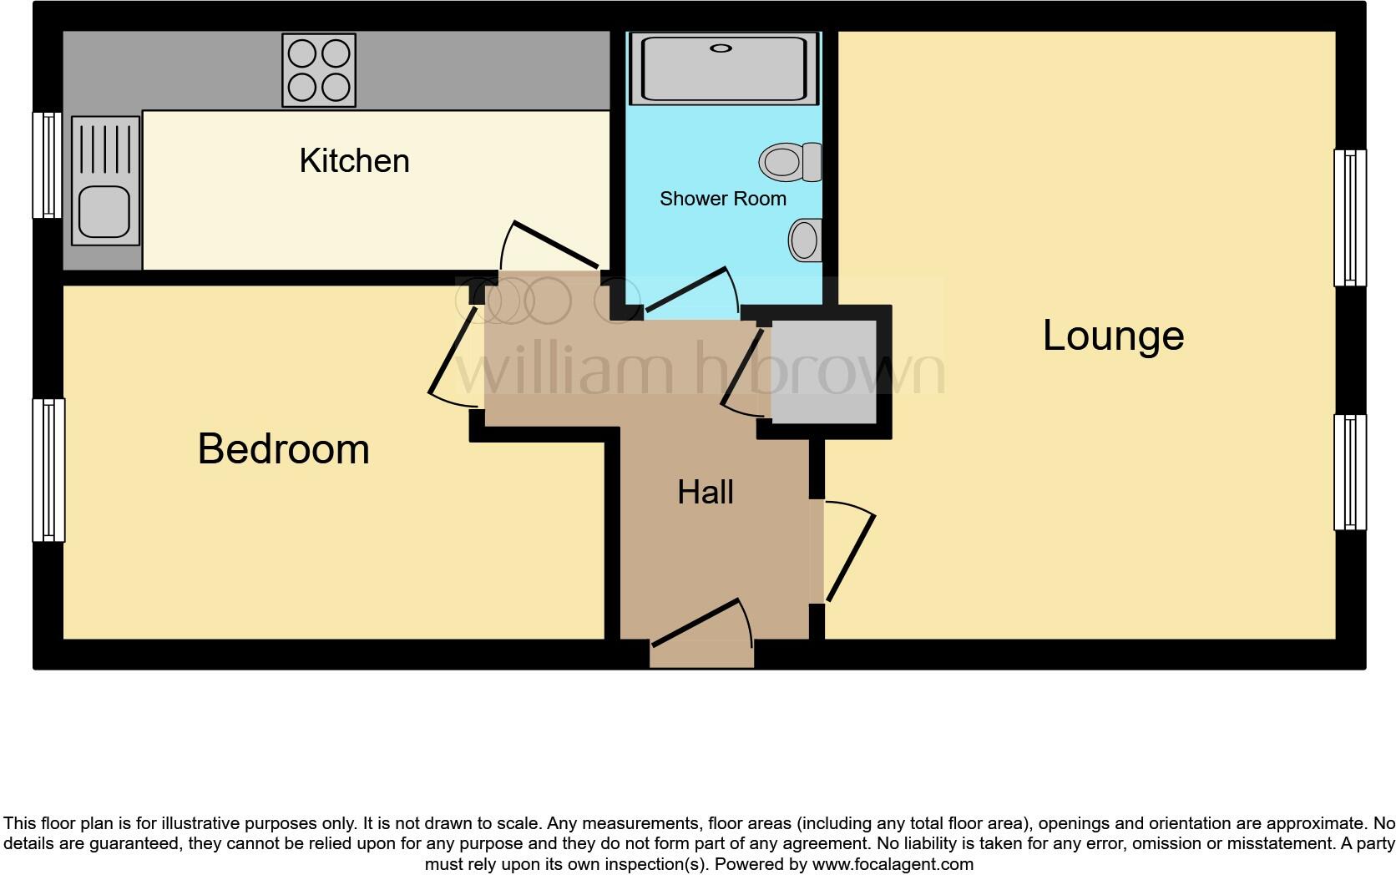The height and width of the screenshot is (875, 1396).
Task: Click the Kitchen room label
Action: (x=354, y=160)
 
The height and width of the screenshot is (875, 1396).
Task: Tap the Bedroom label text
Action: (x=283, y=449)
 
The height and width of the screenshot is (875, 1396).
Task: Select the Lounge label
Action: (x=1113, y=336)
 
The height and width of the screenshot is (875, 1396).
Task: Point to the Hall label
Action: (x=706, y=492)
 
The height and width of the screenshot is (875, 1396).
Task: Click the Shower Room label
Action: (x=722, y=199)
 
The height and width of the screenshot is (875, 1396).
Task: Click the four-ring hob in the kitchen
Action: (x=319, y=70)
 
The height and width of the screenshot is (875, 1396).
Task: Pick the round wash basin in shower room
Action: (x=804, y=240)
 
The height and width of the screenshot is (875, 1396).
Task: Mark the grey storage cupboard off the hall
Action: (x=822, y=372)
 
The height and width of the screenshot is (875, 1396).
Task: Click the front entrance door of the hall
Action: (x=701, y=624)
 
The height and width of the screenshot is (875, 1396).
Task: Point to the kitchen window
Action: (x=48, y=164)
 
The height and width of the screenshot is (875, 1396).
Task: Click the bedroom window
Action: (x=48, y=469)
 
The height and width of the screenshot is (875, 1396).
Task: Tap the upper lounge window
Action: (x=1349, y=218)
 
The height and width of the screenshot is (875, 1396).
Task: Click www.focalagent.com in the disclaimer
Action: (x=892, y=864)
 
